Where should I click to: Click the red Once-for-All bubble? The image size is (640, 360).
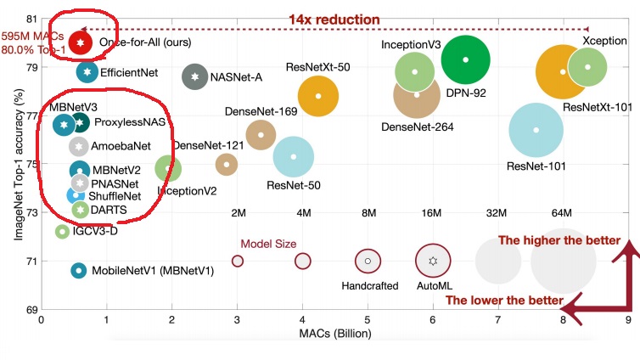click(x=80, y=42)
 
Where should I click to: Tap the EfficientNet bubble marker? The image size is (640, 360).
click(x=87, y=73)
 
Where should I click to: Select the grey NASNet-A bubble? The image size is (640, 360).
click(x=195, y=76)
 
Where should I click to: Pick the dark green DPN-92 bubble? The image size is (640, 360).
click(x=466, y=59)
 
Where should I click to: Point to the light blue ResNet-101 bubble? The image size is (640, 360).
click(x=536, y=130)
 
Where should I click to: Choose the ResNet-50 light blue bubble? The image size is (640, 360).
click(x=294, y=156)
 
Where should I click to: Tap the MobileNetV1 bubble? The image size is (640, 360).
click(x=78, y=271)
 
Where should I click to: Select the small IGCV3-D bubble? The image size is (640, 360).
click(x=62, y=231)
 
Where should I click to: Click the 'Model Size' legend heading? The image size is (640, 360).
click(x=268, y=244)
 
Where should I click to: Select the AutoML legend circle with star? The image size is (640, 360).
click(x=433, y=262)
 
